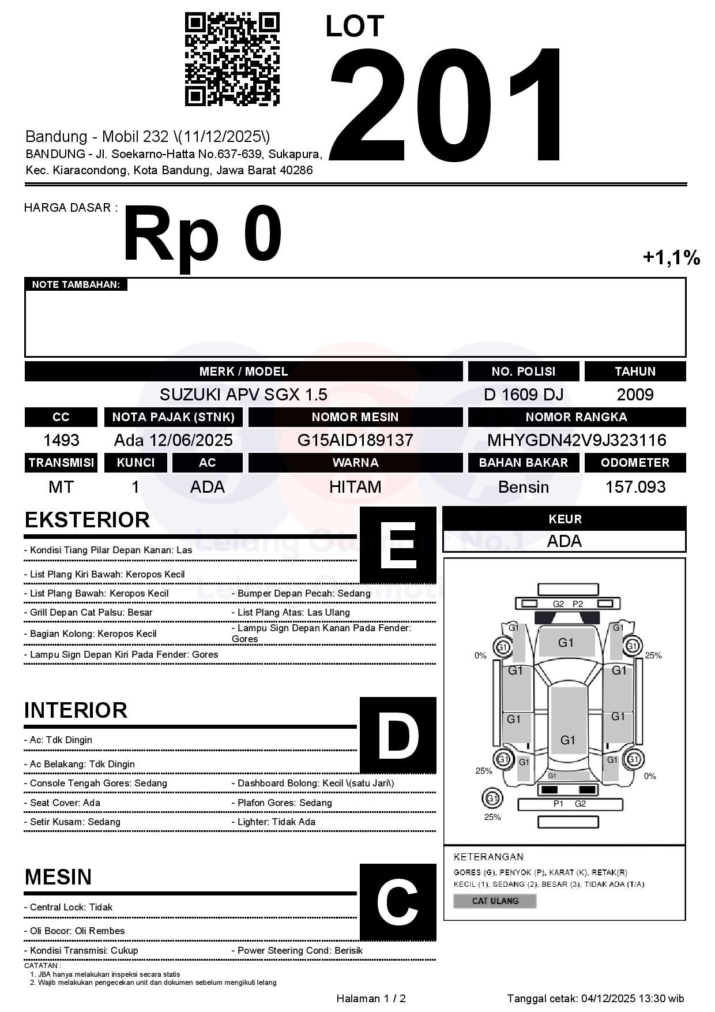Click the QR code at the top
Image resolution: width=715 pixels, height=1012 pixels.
(x=232, y=59)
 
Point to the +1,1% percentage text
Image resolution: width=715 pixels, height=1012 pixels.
(x=671, y=257)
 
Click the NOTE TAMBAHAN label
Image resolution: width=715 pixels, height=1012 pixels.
(x=76, y=284)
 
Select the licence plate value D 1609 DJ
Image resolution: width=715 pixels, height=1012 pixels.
(x=523, y=395)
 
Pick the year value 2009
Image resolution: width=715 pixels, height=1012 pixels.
(x=635, y=395)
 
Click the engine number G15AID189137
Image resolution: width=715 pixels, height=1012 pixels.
(x=355, y=440)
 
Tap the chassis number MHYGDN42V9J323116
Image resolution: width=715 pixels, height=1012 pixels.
(x=577, y=440)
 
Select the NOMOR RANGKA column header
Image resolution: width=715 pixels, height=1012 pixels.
(x=577, y=417)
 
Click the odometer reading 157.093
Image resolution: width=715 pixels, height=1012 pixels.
(x=635, y=487)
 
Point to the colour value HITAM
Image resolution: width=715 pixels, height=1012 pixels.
(x=355, y=487)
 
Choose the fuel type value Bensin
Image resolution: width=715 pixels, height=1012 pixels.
(x=523, y=487)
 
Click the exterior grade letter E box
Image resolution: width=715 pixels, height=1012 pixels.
(x=398, y=545)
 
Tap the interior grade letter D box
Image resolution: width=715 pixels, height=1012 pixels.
(x=398, y=735)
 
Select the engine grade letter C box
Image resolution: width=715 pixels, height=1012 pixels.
(x=398, y=902)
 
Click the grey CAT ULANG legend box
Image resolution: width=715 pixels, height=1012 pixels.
(x=495, y=901)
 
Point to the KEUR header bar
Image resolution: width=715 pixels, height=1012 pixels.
(x=565, y=519)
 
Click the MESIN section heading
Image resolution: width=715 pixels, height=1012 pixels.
(x=58, y=877)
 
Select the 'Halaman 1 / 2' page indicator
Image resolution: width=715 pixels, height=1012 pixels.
(x=371, y=999)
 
